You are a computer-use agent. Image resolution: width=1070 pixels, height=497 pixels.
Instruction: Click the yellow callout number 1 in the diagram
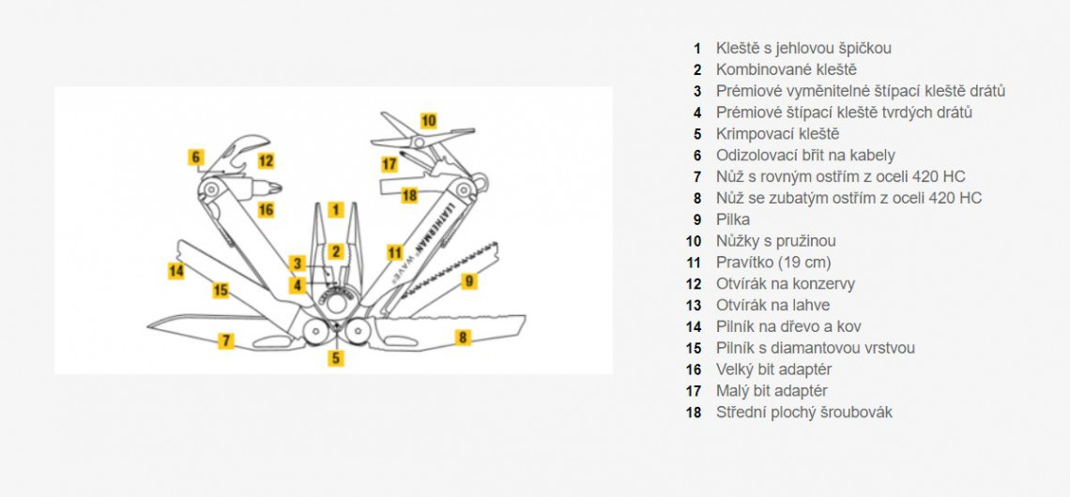click(x=337, y=210)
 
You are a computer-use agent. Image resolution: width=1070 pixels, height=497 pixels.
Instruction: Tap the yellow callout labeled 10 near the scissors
click(x=428, y=120)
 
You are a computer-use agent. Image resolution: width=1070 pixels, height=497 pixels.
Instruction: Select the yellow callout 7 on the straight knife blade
click(x=225, y=340)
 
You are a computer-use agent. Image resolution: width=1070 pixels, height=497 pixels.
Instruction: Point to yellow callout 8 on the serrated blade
click(x=463, y=338)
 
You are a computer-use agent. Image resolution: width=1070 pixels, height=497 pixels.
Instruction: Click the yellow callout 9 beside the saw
click(x=469, y=279)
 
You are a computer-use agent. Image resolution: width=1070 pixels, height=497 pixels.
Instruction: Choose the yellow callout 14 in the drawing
click(x=176, y=271)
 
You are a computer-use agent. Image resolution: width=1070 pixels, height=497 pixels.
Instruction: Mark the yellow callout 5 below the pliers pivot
click(x=336, y=357)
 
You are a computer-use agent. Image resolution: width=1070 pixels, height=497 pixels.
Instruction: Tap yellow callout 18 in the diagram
click(x=409, y=195)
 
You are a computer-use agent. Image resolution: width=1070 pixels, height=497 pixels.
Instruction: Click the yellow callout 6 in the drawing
click(x=196, y=157)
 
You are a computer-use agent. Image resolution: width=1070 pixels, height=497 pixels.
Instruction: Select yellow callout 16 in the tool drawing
click(x=266, y=210)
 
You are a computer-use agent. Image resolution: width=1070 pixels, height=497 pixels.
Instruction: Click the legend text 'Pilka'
click(x=733, y=219)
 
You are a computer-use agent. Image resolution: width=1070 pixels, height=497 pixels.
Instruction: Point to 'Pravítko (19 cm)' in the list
click(x=773, y=263)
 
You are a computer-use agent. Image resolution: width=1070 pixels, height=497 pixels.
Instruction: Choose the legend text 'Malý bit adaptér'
click(x=772, y=391)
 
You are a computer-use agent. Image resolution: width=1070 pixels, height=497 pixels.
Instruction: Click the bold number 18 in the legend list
click(x=694, y=413)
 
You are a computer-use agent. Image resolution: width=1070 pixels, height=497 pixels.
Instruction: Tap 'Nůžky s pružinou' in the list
click(x=775, y=241)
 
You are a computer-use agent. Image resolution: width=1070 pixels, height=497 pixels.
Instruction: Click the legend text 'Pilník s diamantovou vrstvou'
click(x=815, y=348)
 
